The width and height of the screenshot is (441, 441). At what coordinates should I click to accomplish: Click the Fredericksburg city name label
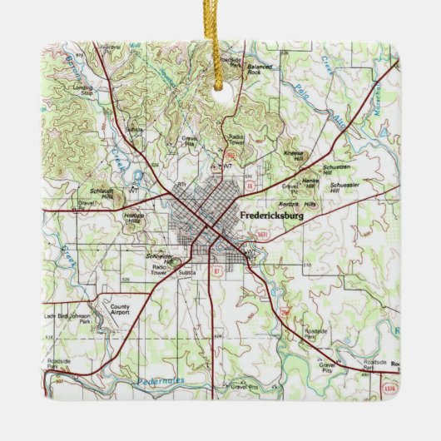click(x=271, y=216)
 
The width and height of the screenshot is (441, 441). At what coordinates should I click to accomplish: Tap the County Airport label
click(x=121, y=310)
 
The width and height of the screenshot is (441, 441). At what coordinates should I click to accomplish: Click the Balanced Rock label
click(x=260, y=72)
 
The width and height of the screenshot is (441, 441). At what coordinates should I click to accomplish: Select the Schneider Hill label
click(x=159, y=258)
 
